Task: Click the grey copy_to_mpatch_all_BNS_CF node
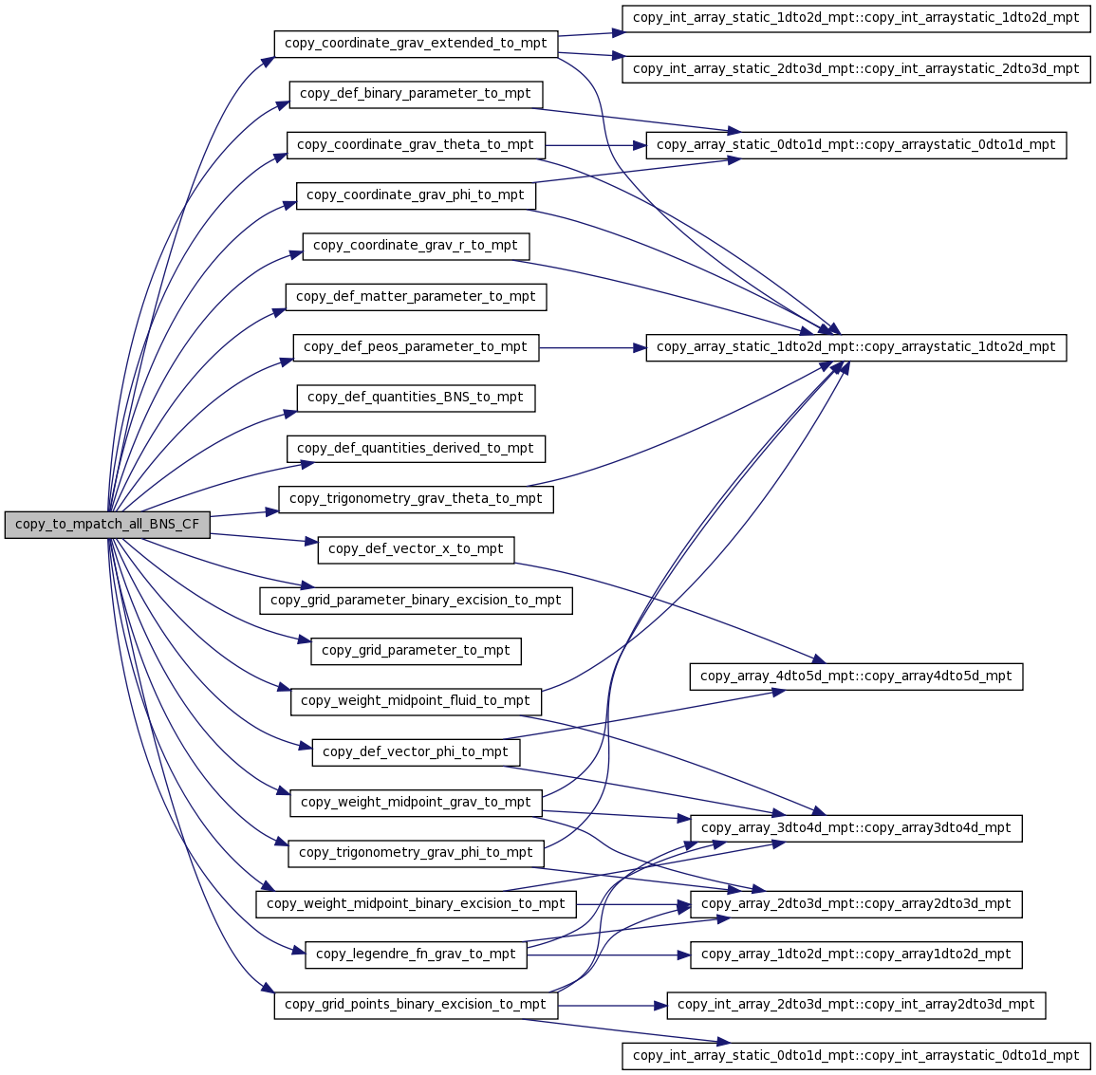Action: tap(107, 525)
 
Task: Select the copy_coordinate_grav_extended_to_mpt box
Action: tap(416, 44)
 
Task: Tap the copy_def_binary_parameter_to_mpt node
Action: tap(416, 94)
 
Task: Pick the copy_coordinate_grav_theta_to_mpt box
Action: tap(416, 144)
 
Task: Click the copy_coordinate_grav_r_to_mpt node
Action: tap(416, 246)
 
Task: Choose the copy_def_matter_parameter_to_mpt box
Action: tap(416, 296)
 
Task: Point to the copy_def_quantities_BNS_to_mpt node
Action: tap(416, 398)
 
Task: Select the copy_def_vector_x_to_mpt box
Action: tap(416, 549)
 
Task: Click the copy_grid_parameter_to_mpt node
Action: tap(416, 651)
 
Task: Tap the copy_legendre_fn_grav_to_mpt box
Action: tap(416, 955)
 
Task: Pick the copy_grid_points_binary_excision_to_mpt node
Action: tap(416, 1005)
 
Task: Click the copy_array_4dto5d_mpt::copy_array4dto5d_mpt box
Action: tap(856, 676)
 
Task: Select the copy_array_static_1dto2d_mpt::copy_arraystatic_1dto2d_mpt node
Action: tap(856, 347)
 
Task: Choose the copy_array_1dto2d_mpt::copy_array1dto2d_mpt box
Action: tap(856, 955)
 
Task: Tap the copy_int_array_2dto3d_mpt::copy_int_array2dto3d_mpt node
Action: tap(856, 1005)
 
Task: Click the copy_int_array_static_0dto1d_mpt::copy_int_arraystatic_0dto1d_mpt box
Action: tap(856, 1055)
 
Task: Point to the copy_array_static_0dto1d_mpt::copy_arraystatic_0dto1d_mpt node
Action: tap(856, 144)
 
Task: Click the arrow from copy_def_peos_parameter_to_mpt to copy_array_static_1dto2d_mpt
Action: tap(592, 347)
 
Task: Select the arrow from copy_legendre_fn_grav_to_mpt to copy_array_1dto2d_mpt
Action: tap(608, 955)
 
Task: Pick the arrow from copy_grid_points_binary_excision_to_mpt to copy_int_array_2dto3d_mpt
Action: tap(612, 1005)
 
